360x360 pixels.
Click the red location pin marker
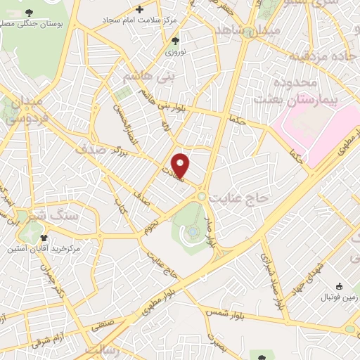coord(181,165)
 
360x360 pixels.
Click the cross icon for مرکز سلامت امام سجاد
coord(140,9)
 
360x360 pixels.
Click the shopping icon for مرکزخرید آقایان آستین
coord(44,238)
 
